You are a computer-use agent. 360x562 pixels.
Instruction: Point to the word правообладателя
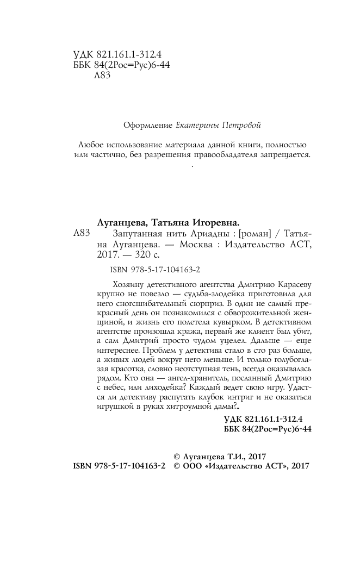coord(230,155)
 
